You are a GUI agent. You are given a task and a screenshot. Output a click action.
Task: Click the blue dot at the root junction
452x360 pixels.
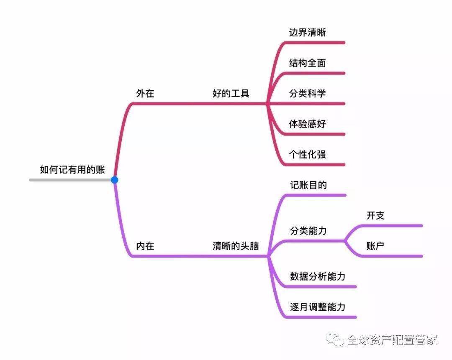pos(114,180)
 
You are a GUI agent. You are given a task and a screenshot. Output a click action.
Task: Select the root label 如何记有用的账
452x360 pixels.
pos(72,169)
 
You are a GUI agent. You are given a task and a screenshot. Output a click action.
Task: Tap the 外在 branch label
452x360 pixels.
pos(145,93)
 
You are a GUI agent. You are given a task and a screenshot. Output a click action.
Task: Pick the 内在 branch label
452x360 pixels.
pos(145,246)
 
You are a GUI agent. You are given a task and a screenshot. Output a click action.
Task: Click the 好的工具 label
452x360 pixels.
pos(231,93)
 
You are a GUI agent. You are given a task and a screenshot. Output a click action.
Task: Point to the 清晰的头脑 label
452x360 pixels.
pos(236,246)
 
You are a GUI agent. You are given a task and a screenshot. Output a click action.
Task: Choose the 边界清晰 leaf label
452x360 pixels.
pos(307,32)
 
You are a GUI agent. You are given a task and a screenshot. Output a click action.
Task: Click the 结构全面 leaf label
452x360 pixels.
pos(307,63)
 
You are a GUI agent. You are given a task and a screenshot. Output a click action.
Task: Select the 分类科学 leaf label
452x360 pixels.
pos(307,93)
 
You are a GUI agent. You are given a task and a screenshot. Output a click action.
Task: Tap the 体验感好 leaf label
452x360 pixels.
pos(307,124)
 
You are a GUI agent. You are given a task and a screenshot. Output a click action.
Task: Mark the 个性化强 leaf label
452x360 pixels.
pos(307,154)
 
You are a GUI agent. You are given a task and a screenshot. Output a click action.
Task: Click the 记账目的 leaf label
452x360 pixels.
pos(308,185)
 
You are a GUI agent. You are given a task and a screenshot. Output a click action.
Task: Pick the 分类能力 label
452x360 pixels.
pos(308,231)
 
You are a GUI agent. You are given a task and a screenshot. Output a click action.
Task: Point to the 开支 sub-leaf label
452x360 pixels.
pos(375,215)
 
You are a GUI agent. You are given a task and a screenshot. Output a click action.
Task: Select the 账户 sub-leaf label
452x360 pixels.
pos(375,246)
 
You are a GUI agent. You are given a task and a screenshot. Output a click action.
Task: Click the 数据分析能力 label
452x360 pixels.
pos(318,276)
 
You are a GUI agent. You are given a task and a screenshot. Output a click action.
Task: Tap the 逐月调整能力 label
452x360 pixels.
pos(318,307)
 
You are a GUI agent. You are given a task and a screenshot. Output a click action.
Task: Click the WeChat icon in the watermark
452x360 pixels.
pos(335,340)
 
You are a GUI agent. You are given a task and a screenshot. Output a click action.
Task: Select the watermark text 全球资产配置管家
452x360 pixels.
pos(392,340)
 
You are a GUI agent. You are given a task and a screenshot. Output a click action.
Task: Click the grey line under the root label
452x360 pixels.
pos(71,180)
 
